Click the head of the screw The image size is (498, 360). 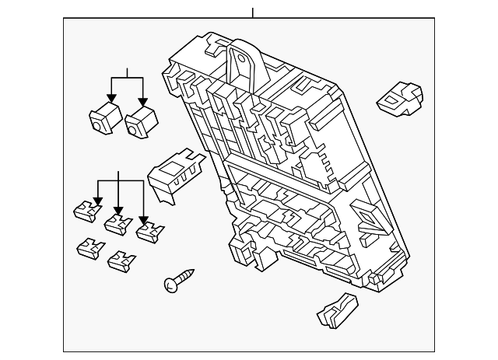point(171,285)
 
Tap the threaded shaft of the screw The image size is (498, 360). point(185,276)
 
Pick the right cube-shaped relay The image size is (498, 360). point(141,121)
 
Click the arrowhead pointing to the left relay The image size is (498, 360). point(112,99)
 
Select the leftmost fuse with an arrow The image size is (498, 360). point(86,210)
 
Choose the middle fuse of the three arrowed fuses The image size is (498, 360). point(117,224)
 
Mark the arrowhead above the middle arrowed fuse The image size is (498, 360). point(118,211)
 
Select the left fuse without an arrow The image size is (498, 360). point(90,249)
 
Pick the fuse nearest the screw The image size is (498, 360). point(121,260)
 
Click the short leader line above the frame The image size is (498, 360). point(253,12)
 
